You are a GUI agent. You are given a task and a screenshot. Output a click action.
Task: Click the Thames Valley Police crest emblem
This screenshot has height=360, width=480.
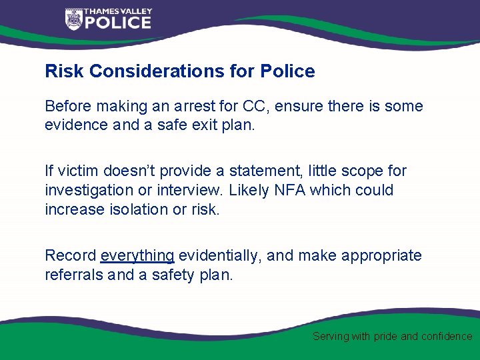point(73,19)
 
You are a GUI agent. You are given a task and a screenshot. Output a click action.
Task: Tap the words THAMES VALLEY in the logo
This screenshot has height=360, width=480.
point(118,11)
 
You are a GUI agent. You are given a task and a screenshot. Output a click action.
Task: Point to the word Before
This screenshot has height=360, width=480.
point(69,107)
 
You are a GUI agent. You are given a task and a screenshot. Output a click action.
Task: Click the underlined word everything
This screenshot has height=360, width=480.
point(137,256)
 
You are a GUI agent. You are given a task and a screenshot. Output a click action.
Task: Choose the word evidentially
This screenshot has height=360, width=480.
point(216,256)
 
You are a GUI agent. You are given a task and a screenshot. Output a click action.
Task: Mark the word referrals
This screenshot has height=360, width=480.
point(73,275)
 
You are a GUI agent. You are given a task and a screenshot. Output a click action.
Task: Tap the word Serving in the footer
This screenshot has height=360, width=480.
point(331,337)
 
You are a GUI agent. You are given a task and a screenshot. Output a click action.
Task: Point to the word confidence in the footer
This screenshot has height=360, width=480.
point(447,337)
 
